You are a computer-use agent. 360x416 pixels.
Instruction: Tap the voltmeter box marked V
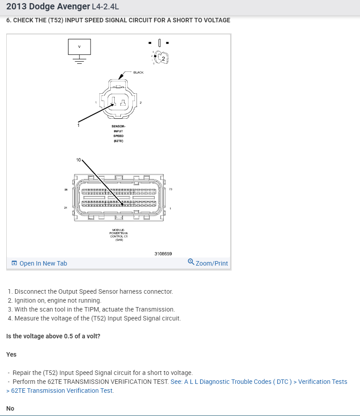[x=79, y=46]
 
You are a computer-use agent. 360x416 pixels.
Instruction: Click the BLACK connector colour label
[x=138, y=72]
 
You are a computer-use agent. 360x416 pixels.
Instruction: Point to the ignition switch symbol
[x=161, y=57]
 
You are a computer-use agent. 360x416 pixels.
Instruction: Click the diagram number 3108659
[x=163, y=254]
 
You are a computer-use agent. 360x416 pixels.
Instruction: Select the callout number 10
[x=78, y=160]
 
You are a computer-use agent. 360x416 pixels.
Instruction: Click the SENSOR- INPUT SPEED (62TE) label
[x=118, y=133]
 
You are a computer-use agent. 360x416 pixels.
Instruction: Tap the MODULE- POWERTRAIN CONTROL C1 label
[x=118, y=235]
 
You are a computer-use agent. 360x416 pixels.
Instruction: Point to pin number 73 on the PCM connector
[x=170, y=190]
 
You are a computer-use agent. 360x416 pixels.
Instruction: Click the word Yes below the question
[x=11, y=354]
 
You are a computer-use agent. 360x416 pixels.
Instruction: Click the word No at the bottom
[x=10, y=408]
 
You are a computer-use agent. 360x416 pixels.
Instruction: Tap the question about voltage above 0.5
[x=53, y=336]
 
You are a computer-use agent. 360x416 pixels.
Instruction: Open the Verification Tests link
[x=322, y=382]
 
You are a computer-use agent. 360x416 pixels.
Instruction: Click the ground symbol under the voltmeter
[x=79, y=61]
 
